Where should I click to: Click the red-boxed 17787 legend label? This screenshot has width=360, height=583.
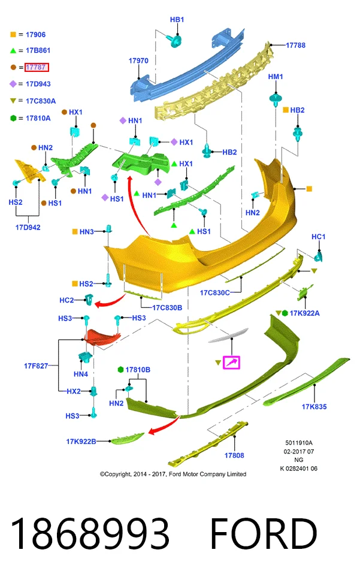(37, 67)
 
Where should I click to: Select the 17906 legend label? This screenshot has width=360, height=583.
(36, 35)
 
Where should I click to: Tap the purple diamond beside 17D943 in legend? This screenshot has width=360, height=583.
(13, 84)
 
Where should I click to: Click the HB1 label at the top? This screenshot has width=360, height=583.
(177, 20)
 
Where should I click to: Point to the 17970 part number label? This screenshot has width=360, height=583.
(138, 61)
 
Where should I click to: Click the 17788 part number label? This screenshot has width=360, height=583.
(295, 46)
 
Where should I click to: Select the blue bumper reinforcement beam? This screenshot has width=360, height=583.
(187, 65)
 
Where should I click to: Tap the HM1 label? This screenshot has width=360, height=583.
(276, 77)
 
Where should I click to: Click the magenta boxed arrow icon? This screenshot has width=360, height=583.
(231, 362)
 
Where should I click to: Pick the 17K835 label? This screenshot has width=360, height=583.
(314, 407)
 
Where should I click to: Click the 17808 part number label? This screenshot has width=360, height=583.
(234, 455)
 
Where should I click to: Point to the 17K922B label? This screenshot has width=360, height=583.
(81, 442)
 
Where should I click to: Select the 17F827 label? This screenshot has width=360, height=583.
(36, 366)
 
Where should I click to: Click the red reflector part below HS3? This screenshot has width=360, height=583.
(102, 336)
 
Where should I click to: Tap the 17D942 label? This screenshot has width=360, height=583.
(28, 227)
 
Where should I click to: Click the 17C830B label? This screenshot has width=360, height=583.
(167, 307)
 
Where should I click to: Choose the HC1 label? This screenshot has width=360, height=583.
(319, 237)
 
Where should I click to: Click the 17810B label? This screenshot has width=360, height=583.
(138, 370)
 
